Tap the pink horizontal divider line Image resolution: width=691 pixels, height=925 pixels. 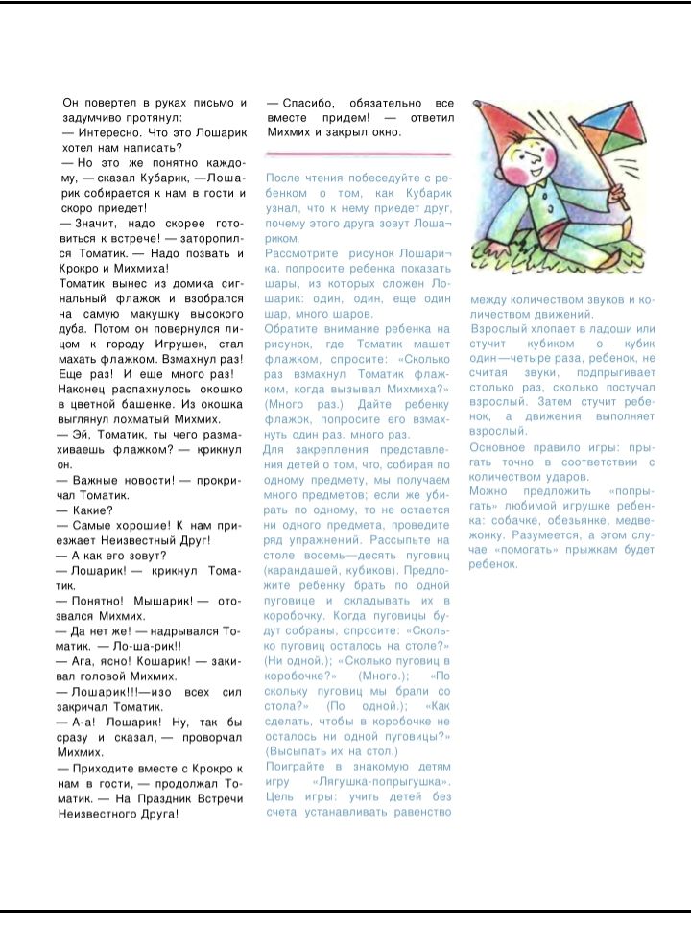click(358, 154)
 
